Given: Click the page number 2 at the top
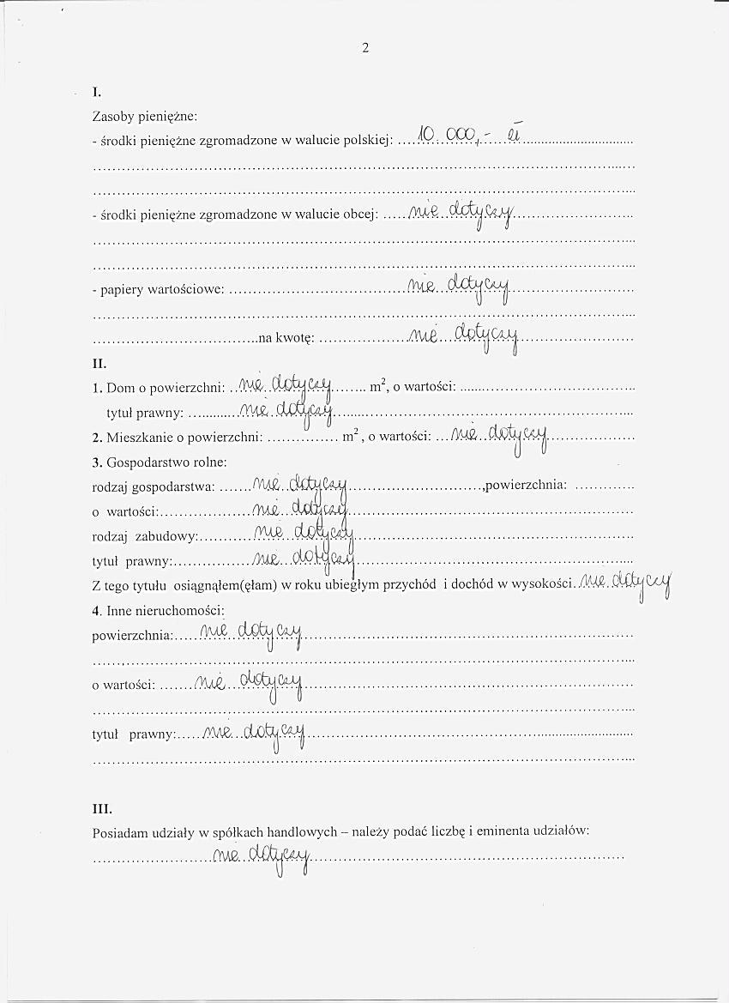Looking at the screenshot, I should pyautogui.click(x=365, y=48).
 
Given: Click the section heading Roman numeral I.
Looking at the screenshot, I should pyautogui.click(x=97, y=92).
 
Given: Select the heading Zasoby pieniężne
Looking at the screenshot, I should pyautogui.click(x=145, y=115).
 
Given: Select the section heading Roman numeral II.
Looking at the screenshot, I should pyautogui.click(x=99, y=364).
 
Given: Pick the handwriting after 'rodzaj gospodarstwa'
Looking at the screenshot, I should pyautogui.click(x=299, y=486).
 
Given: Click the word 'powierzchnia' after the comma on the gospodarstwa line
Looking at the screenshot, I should pyautogui.click(x=526, y=486).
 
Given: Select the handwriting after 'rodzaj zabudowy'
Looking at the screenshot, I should pyautogui.click(x=304, y=535).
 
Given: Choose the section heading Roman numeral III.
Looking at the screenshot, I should pyautogui.click(x=102, y=808).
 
